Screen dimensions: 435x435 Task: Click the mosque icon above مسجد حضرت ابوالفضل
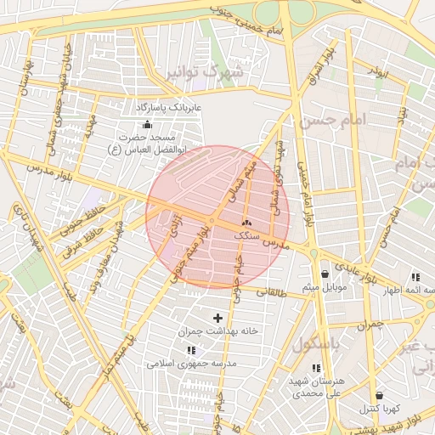147,124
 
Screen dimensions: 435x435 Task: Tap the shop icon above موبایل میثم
325,274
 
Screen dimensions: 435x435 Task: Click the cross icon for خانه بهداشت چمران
217,318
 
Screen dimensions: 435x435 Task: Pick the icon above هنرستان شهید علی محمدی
316,368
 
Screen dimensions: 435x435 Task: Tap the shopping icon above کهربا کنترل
378,395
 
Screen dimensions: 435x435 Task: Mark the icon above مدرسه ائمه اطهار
415,277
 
